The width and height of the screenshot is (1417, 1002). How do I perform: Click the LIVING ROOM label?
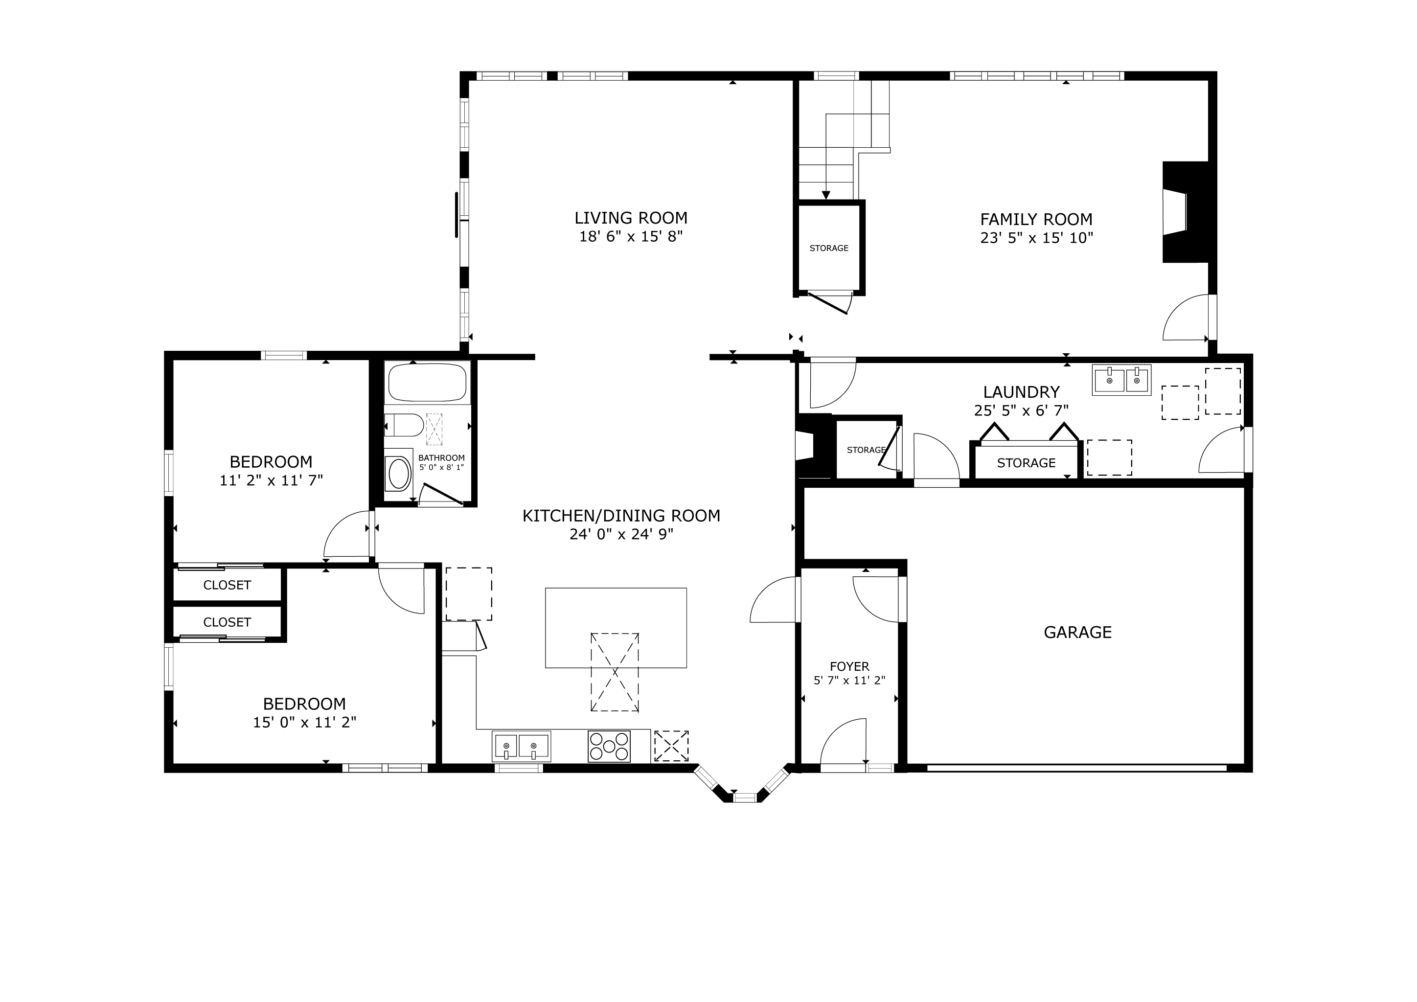point(631,218)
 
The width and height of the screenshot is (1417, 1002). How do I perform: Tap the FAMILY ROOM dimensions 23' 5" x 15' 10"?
point(1036,238)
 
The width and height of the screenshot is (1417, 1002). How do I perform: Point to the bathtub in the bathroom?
point(427,383)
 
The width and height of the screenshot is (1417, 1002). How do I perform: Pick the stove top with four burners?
point(609,746)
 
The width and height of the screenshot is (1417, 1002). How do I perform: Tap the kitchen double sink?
point(521,747)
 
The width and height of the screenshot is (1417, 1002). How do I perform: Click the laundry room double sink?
point(1121,380)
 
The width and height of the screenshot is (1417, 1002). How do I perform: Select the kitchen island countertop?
point(616,628)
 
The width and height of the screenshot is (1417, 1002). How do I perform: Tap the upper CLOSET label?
point(227,585)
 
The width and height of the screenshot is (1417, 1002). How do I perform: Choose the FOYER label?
point(849,666)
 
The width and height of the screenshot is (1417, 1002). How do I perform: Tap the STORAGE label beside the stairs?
point(829,248)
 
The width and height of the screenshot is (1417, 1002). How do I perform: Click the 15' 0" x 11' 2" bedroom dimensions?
point(304,723)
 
